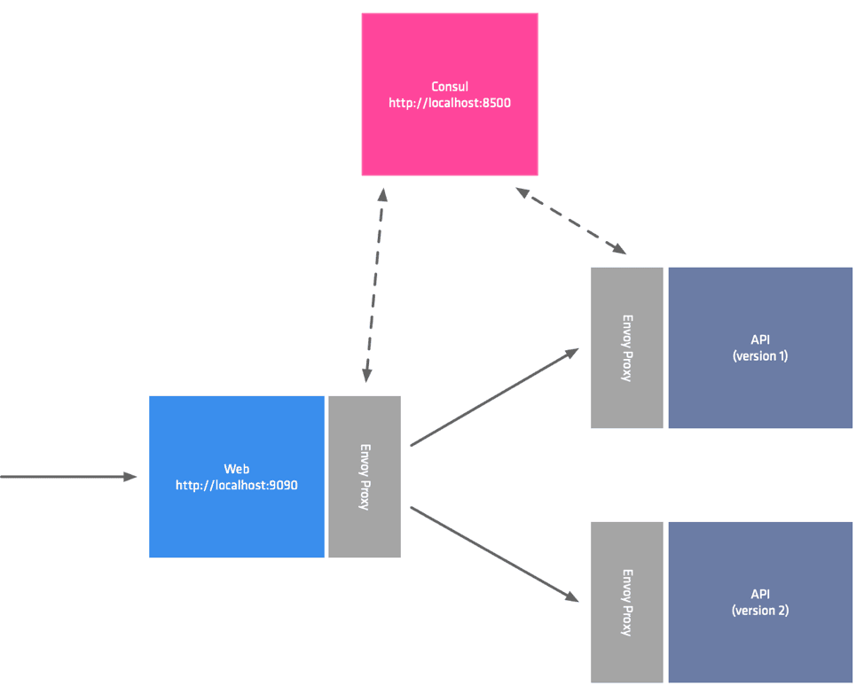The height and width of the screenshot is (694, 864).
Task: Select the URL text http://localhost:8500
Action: (449, 103)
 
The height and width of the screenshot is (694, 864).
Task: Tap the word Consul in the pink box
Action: (449, 87)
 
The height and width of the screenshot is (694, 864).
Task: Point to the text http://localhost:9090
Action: (236, 485)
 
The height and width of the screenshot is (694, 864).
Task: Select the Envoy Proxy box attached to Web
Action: (365, 477)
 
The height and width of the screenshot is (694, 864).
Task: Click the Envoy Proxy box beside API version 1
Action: (627, 347)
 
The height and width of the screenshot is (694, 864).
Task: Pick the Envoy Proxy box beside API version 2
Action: (627, 603)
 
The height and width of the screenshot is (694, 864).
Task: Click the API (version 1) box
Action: (760, 390)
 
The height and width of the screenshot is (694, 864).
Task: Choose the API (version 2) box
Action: (760, 647)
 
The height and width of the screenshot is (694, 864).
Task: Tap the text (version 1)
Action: (760, 356)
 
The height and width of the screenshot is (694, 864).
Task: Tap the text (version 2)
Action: (760, 611)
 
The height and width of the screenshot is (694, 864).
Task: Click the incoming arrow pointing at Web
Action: (62, 477)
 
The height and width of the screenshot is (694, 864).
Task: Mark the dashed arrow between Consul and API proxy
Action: (571, 222)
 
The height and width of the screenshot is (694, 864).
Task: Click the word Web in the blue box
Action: (236, 469)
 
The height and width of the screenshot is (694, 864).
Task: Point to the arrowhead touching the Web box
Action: (130, 477)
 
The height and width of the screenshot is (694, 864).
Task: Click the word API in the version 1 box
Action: (760, 340)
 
